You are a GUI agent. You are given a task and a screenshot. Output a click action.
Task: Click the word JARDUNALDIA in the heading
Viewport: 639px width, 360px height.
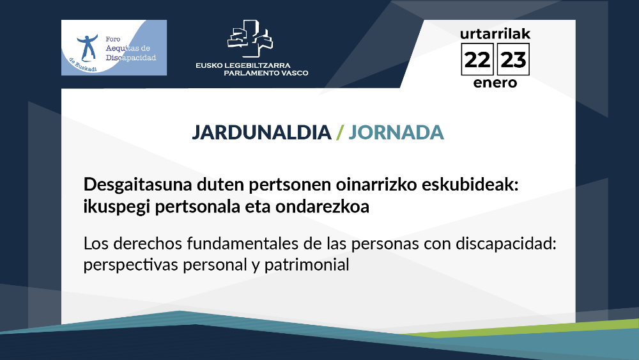pos(261,132)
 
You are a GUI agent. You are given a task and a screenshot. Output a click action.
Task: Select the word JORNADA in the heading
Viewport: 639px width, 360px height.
pos(396,132)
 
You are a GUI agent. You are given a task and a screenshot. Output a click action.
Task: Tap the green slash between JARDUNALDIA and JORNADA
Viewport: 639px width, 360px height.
pos(340,132)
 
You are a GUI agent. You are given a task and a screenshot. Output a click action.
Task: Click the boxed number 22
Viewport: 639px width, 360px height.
pos(477,59)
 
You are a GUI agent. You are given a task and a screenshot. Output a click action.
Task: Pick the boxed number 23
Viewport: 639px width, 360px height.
pos(513,59)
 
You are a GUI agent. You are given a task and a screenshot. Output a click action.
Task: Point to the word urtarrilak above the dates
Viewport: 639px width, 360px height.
pos(495,33)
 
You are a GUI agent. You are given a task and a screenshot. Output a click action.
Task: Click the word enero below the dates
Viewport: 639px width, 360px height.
pos(495,82)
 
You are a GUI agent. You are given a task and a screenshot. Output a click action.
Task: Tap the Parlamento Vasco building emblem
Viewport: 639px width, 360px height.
pos(250,38)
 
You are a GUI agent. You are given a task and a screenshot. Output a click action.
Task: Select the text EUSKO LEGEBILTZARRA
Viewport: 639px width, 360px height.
pos(243,65)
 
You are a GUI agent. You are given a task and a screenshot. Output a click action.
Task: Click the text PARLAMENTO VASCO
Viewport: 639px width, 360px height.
pos(266,73)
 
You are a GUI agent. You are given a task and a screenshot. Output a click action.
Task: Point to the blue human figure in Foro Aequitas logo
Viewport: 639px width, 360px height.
pos(87,47)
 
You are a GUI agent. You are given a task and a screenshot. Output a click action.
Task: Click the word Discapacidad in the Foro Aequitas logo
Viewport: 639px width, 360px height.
pos(131,58)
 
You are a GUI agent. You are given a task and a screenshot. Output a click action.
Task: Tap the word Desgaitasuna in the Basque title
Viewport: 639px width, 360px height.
pos(138,185)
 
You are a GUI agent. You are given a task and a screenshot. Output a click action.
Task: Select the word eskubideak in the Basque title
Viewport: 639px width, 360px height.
pos(470,185)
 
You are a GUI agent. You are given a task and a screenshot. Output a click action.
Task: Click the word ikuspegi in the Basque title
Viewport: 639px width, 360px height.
pos(117,207)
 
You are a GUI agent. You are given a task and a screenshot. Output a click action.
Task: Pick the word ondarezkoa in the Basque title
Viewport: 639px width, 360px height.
pos(322,207)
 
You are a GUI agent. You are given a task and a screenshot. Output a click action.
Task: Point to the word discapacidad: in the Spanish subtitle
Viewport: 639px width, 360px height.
pos(505,244)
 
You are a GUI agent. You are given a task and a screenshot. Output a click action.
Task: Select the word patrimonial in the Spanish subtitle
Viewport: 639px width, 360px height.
pos(307,265)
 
